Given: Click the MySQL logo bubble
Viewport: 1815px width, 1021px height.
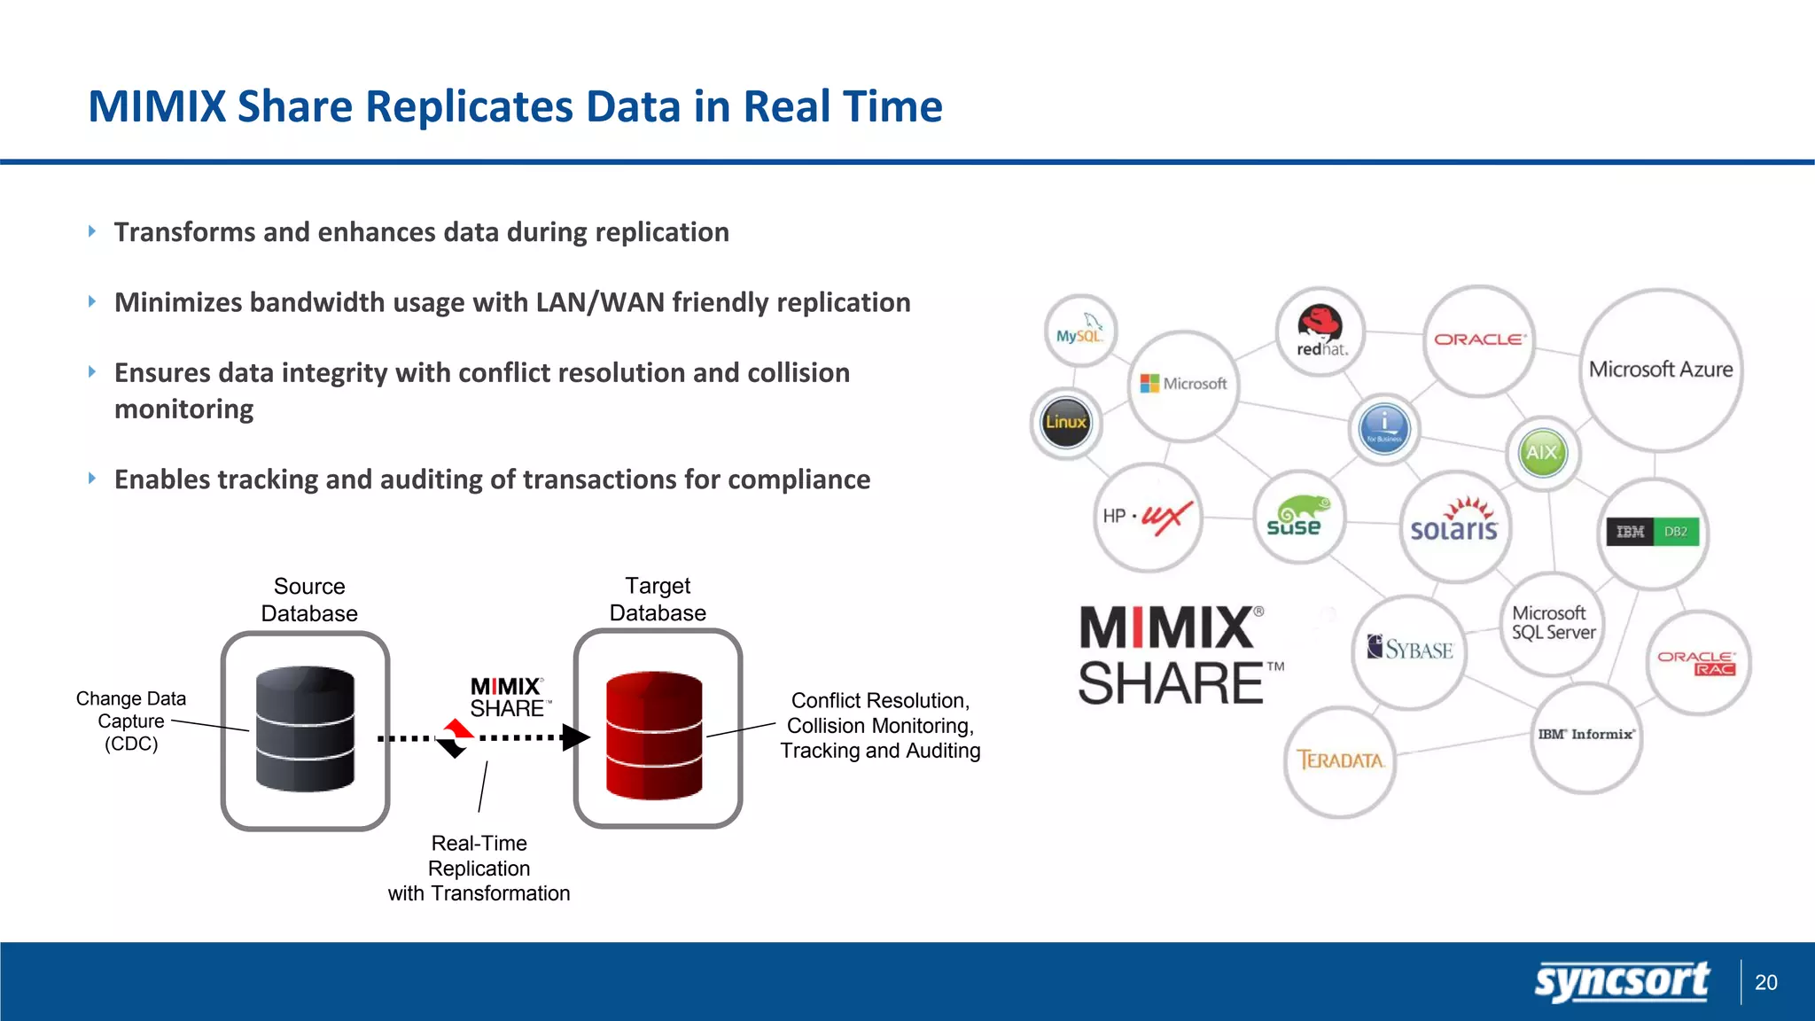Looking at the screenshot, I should (x=1080, y=331).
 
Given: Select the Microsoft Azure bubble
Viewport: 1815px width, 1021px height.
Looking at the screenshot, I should (x=1661, y=370).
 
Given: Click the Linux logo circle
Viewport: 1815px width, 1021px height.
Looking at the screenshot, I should (x=1066, y=423).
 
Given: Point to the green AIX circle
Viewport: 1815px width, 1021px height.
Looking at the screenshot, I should (x=1542, y=453).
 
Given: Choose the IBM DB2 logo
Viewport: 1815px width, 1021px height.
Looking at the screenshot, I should (x=1653, y=532).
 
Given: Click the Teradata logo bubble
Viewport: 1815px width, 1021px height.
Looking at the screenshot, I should (x=1340, y=760).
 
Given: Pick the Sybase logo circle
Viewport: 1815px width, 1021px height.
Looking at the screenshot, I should (x=1410, y=650).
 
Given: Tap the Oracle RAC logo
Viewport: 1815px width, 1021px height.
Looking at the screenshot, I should (x=1697, y=663).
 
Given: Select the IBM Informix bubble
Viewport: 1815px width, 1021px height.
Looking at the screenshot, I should (x=1585, y=735).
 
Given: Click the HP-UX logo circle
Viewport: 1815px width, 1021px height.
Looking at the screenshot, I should (x=1149, y=517).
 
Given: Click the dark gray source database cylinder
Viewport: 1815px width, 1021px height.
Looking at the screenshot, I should (x=305, y=729).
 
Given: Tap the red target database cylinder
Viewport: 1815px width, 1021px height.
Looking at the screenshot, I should (x=654, y=735).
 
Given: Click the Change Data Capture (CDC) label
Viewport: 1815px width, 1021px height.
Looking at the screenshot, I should (x=131, y=721).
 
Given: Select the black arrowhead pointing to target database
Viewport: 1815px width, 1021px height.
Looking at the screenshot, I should (x=575, y=737).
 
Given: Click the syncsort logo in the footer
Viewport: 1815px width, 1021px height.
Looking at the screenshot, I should (x=1621, y=982).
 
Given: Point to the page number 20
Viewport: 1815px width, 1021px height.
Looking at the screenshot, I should (x=1765, y=982).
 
